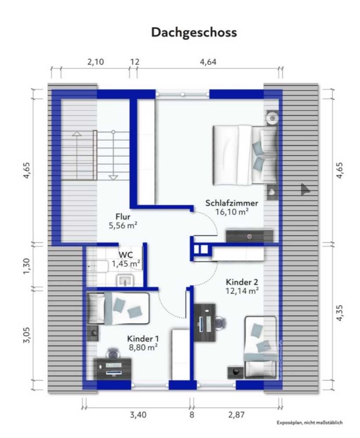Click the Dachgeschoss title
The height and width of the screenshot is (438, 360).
pos(194,32)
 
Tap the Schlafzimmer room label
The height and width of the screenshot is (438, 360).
pos(232,203)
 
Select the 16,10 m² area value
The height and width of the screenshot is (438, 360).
pos(232,212)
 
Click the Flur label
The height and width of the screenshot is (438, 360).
pos(123,216)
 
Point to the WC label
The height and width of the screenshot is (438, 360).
pos(126,255)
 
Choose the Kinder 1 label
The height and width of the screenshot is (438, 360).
pos(143,339)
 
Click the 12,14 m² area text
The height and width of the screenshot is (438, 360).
pos(242,291)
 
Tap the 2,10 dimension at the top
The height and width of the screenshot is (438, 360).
pos(95,62)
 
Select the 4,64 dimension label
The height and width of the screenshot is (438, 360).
pos(208,62)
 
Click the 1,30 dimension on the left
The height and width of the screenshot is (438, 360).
pos(27,266)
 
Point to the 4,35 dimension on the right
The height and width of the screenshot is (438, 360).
pos(339,313)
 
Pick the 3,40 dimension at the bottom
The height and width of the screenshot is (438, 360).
pos(138,415)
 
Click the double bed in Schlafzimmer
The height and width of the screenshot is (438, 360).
pos(245,154)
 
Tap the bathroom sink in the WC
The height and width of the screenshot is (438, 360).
pos(126,281)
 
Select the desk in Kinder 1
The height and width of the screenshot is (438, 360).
pos(114,369)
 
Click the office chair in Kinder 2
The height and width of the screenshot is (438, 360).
pos(221,323)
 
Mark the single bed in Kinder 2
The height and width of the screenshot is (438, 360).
pos(260,347)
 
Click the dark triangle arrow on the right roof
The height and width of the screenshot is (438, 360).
pos(305,189)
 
